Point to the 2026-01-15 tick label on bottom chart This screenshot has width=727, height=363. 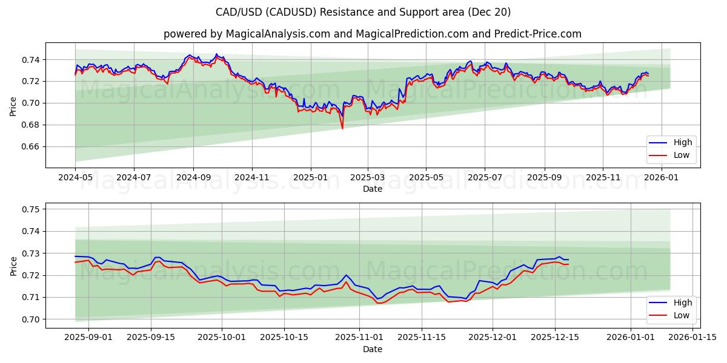(693, 337)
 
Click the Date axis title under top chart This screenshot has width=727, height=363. (372, 189)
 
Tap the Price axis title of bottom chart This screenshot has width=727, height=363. (13, 266)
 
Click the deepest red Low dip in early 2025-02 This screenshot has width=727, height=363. (342, 128)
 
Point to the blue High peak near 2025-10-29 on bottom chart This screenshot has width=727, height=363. (346, 275)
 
